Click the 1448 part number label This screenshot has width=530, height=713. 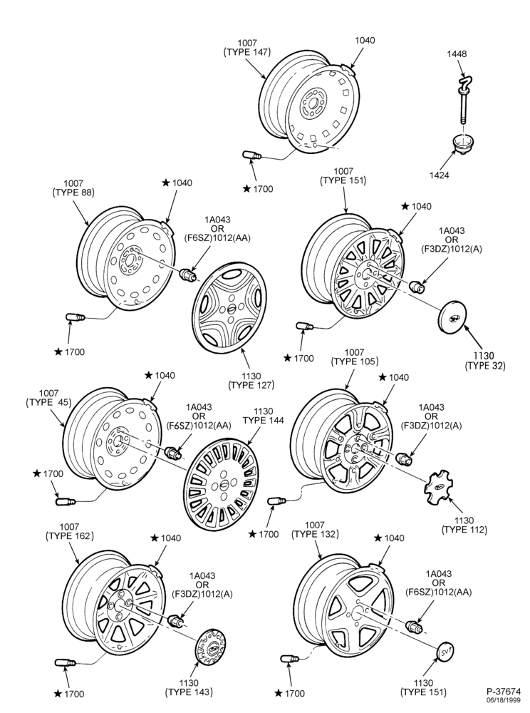(457, 53)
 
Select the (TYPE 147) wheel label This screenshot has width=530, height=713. (247, 52)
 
